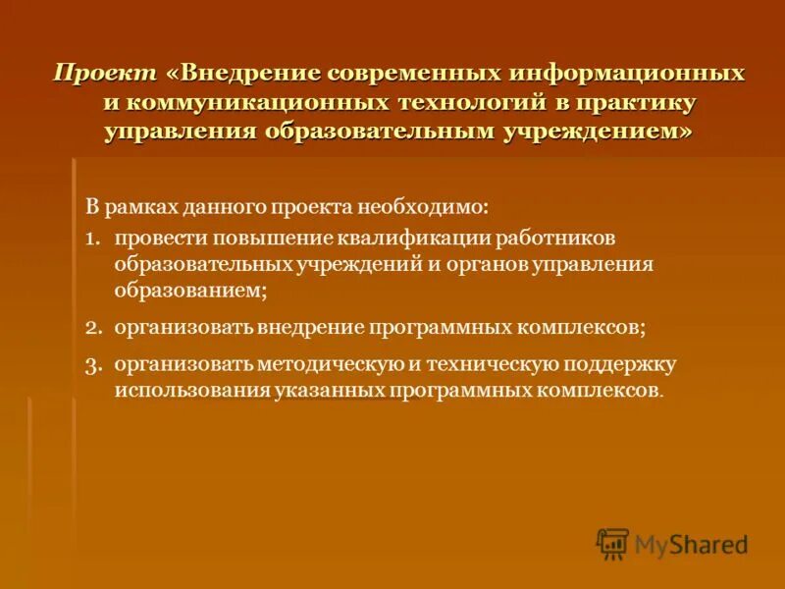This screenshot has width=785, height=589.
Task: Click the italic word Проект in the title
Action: click(x=104, y=75)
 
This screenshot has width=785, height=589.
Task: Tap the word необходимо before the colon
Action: click(x=429, y=208)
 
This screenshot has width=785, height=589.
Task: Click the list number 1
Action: click(x=90, y=239)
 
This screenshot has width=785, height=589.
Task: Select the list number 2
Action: click(x=91, y=326)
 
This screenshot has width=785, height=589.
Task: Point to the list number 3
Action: click(x=91, y=364)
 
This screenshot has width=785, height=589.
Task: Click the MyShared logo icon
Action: click(x=612, y=543)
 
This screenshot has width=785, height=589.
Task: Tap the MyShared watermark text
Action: click(x=691, y=544)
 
